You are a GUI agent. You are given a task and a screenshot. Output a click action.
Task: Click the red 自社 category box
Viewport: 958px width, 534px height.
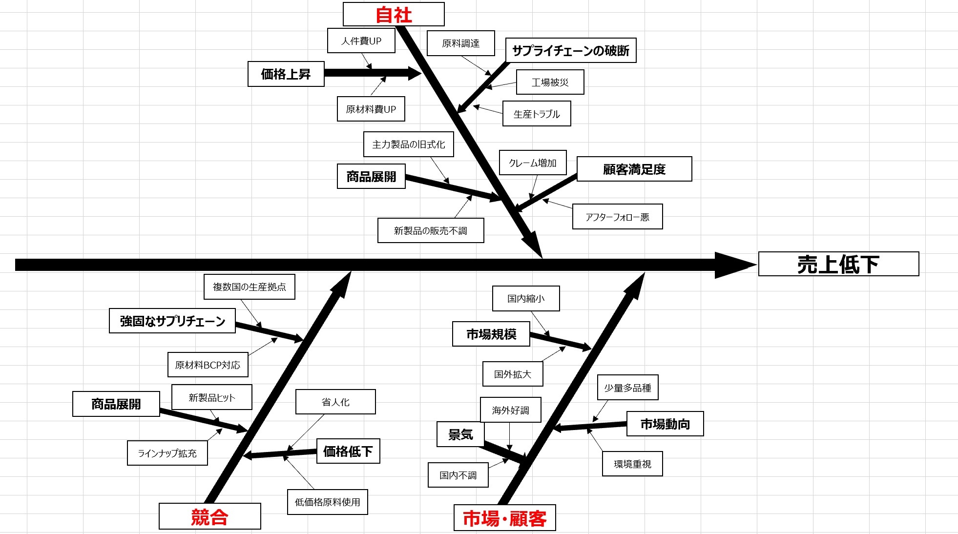[394, 14]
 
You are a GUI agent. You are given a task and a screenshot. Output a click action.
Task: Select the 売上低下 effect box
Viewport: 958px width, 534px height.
[838, 264]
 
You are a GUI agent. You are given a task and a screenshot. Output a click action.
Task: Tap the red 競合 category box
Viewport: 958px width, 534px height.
[209, 516]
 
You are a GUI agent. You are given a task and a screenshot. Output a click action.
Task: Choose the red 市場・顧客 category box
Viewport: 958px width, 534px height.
[504, 518]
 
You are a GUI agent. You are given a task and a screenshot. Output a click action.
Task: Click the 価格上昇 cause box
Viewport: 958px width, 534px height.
[286, 74]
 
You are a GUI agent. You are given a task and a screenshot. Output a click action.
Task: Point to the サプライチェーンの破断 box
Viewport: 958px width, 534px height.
[570, 50]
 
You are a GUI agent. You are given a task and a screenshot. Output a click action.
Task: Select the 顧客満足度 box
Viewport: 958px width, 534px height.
[634, 169]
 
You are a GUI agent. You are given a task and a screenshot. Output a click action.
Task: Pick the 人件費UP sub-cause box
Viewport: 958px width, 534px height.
[361, 41]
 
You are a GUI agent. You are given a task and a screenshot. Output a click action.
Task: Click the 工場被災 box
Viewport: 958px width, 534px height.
[550, 82]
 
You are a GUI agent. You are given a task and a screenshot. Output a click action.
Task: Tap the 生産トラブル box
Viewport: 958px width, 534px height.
[536, 114]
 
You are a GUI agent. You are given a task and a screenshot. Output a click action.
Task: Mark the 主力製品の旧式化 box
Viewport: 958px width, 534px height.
[408, 144]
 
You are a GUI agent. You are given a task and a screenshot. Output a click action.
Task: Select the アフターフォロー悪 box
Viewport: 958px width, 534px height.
[617, 217]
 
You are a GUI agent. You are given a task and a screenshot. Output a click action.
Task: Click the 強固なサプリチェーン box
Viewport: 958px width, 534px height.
[172, 321]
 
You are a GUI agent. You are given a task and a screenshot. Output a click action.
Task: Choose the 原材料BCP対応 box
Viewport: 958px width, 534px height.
[208, 365]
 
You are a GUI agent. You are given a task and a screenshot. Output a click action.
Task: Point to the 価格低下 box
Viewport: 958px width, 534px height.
[348, 451]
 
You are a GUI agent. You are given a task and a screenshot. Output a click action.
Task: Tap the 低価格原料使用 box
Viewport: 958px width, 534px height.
[327, 502]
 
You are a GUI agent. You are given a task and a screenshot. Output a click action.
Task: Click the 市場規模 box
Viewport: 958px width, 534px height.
[491, 334]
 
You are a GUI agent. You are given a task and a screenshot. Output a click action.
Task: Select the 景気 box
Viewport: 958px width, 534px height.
[460, 434]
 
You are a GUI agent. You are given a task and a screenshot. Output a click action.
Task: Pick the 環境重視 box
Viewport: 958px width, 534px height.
[632, 464]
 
